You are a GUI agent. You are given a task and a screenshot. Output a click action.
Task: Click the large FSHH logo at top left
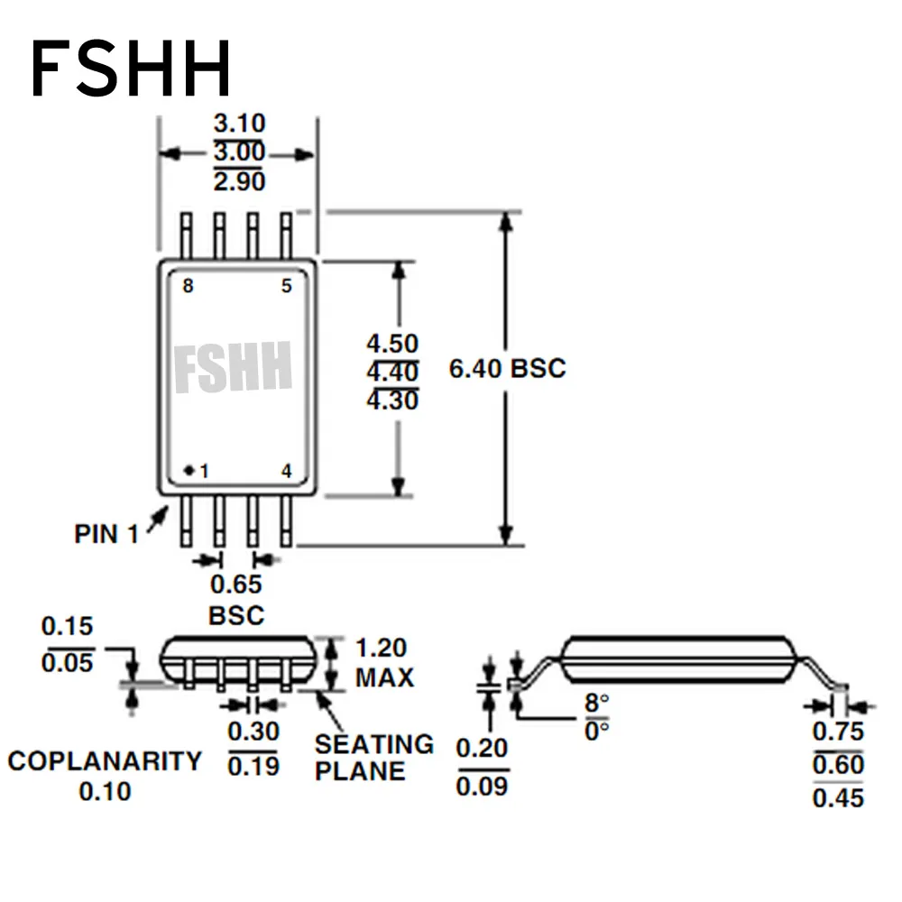[132, 69]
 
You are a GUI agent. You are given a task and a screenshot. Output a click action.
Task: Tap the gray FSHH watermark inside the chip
[234, 367]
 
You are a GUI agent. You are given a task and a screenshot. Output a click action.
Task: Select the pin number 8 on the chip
[188, 287]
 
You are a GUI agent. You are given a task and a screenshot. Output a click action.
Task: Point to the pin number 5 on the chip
[287, 287]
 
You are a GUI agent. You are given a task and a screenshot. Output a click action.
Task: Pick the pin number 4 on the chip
[287, 471]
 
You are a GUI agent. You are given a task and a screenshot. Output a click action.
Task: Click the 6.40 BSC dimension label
[507, 368]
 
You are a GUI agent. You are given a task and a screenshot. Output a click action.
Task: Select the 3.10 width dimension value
[239, 124]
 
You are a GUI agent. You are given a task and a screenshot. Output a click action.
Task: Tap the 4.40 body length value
[392, 372]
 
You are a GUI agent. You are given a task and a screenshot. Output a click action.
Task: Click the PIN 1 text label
[106, 534]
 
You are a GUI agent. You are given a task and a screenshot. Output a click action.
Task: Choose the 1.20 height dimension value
[381, 649]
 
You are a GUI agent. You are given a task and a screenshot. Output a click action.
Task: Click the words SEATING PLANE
[373, 758]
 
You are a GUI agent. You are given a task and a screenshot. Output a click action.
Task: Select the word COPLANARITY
[105, 761]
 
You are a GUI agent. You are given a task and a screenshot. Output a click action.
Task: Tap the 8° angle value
[597, 703]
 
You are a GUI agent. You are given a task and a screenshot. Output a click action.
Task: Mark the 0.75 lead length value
[838, 732]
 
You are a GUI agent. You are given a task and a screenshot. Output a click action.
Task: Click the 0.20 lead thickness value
[482, 749]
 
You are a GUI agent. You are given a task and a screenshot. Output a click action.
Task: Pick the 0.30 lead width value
[253, 732]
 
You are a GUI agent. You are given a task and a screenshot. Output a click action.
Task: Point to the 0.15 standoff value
[68, 626]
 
